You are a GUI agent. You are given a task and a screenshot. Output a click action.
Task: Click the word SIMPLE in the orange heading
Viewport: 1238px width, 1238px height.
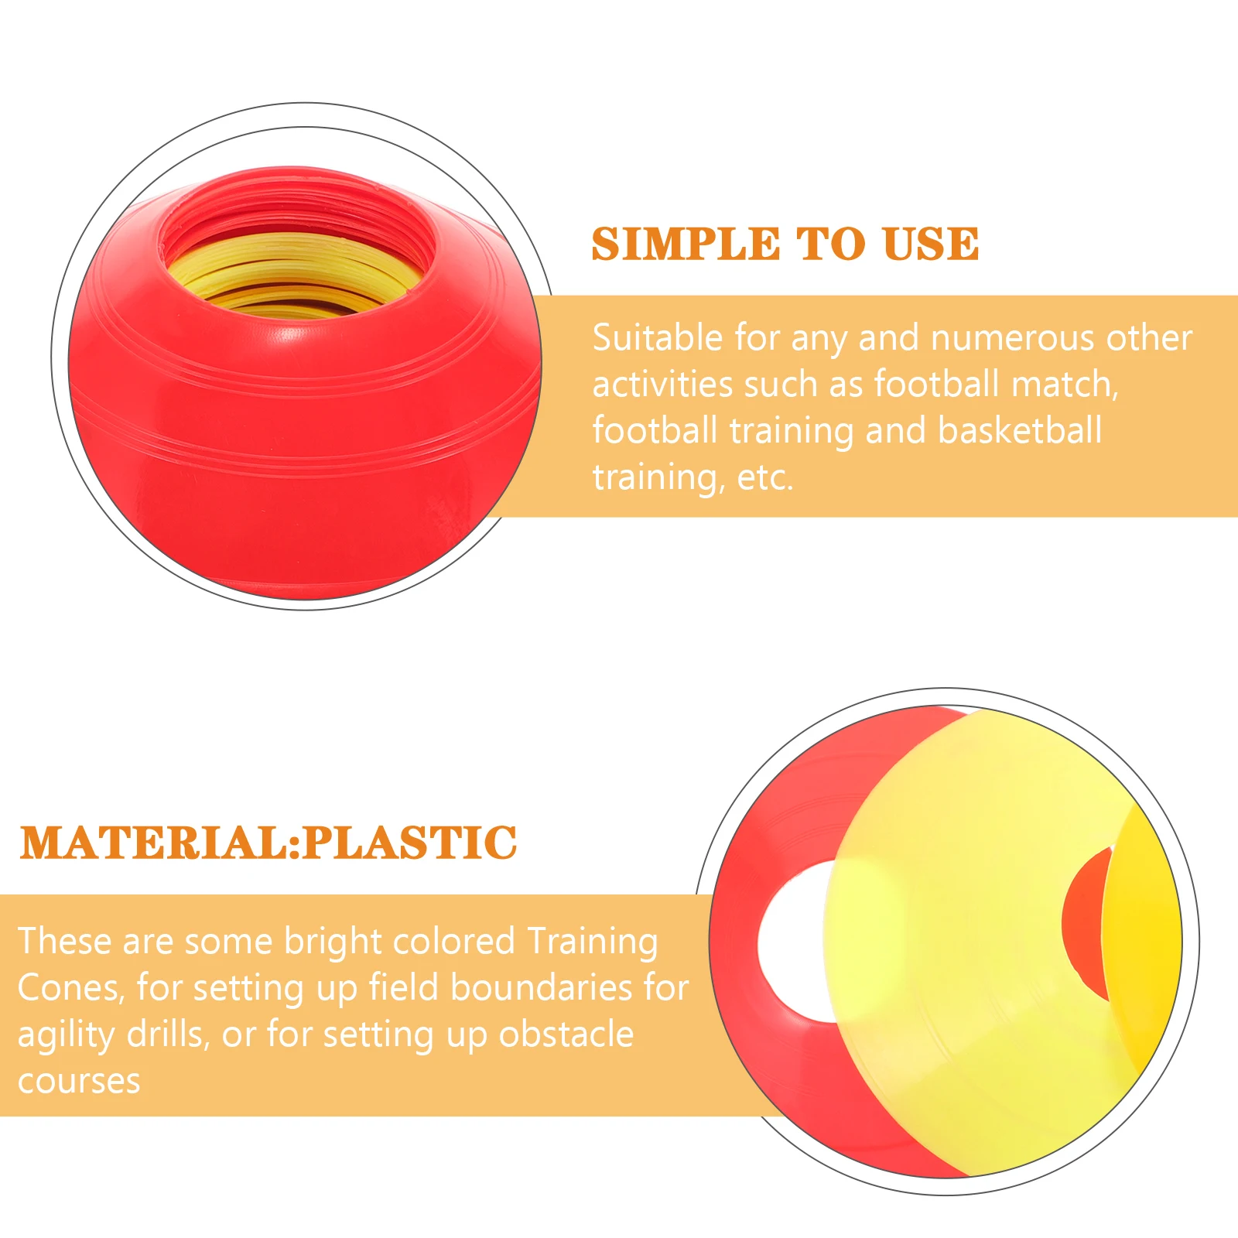686,245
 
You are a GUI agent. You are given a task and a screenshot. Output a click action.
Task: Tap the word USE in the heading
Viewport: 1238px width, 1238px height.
931,245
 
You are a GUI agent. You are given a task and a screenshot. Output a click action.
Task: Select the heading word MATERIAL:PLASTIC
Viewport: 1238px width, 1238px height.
268,843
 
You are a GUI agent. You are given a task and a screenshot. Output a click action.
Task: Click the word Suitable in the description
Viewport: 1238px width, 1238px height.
658,338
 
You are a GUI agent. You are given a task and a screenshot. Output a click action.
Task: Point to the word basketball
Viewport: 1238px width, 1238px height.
1020,430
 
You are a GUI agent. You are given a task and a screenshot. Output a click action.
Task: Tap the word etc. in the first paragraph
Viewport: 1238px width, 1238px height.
765,477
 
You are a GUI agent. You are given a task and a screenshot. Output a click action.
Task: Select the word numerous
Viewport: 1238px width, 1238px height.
1012,339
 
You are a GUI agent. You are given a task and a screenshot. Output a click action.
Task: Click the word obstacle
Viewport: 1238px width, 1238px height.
566,1035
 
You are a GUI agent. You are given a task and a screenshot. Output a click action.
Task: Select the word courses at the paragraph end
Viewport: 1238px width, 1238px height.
79,1082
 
